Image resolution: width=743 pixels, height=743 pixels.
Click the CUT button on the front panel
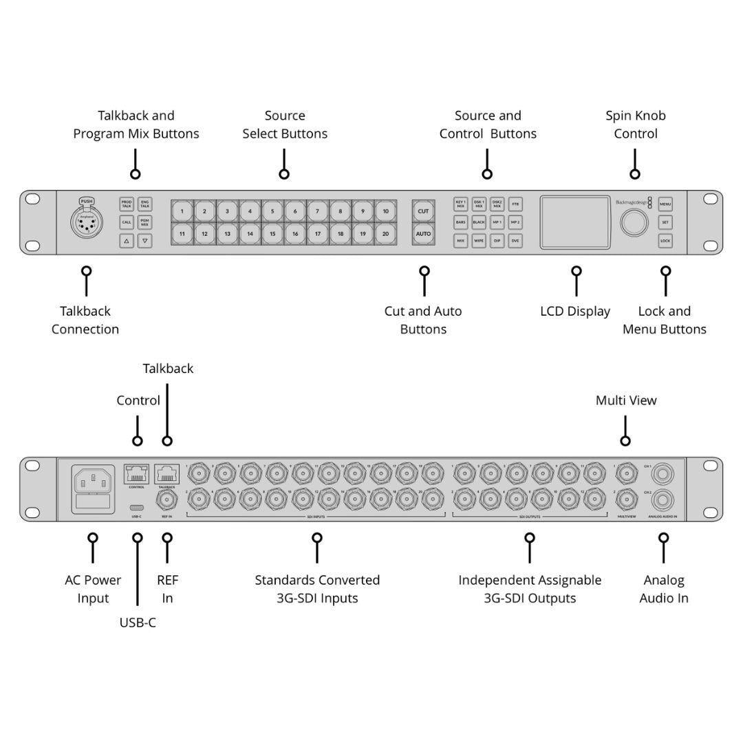click(x=423, y=211)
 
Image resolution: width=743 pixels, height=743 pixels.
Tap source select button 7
click(x=317, y=211)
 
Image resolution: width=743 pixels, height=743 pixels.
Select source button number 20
click(x=385, y=234)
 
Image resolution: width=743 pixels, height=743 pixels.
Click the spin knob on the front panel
click(x=634, y=223)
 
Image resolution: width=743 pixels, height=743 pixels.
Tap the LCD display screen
click(x=574, y=223)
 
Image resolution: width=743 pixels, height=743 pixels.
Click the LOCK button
click(x=665, y=241)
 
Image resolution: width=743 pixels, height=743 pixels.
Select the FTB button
click(x=515, y=204)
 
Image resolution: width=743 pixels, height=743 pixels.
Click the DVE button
click(x=515, y=241)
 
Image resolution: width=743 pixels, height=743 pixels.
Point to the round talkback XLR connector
click(x=86, y=222)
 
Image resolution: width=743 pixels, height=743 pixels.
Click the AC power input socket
click(x=93, y=480)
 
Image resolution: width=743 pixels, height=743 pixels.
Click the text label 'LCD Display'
click(x=574, y=312)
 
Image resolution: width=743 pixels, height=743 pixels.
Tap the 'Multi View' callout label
click(x=625, y=400)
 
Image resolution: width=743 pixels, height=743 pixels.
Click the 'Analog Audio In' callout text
click(x=664, y=589)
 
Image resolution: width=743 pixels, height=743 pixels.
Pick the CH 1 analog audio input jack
click(x=663, y=474)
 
